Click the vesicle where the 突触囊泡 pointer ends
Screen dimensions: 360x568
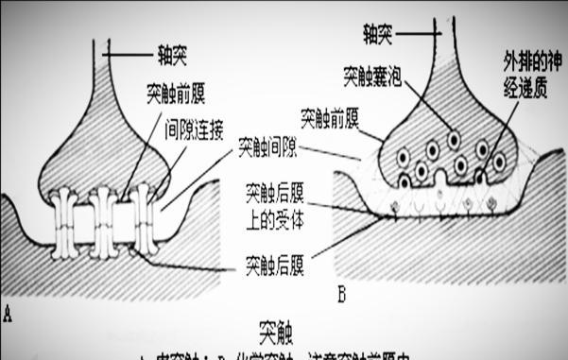[x=455, y=140]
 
